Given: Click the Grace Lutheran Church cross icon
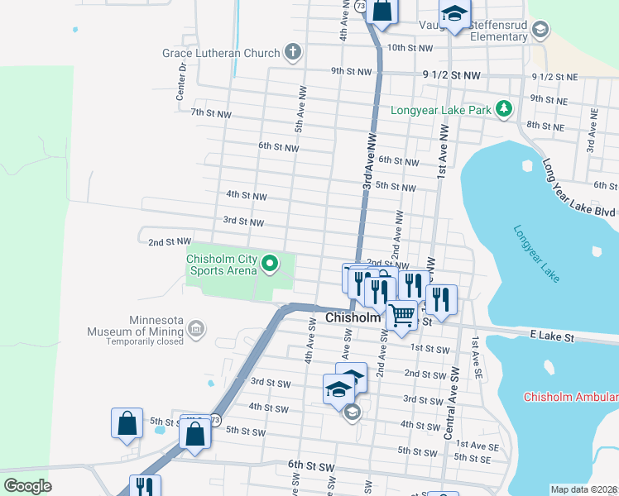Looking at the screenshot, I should pos(292,53).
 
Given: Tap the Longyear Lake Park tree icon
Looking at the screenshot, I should pos(502,109).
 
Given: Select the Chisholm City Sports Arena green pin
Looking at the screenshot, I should pos(269,265).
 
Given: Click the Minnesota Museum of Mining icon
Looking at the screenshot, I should pos(196,329).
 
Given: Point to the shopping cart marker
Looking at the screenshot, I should pos(402,315).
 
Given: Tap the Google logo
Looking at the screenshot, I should pos(27,486).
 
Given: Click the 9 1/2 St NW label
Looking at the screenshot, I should pos(451,75).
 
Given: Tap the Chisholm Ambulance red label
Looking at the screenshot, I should pos(570,397).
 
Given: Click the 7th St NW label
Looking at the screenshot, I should pos(211,112).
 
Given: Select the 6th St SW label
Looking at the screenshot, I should pos(310,467).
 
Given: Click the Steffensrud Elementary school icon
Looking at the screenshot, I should pos(540,31).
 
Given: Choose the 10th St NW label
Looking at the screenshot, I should pos(410,48).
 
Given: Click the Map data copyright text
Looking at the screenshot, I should pos(583,489).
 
